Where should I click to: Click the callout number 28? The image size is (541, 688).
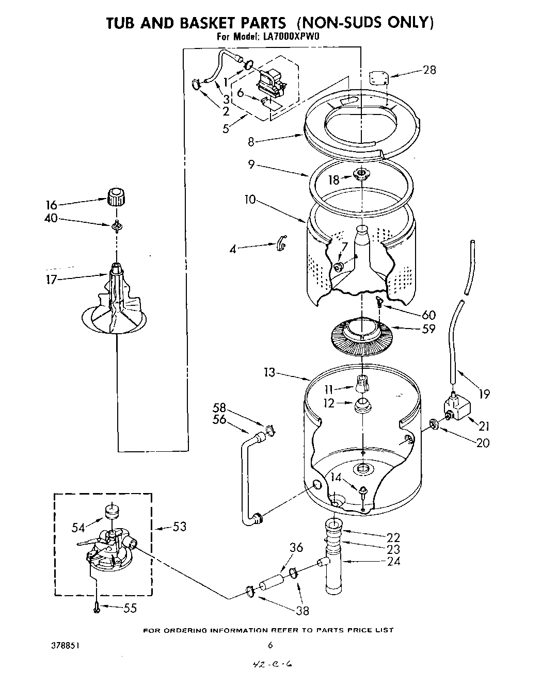click(x=429, y=70)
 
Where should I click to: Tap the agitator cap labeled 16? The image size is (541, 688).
click(x=116, y=197)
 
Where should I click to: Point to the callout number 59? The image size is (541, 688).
click(x=428, y=328)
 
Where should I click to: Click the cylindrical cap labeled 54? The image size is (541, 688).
click(x=113, y=513)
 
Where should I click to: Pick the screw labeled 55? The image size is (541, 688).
click(x=97, y=609)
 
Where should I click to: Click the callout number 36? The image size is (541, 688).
click(x=296, y=548)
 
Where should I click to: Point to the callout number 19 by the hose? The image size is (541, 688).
click(x=483, y=394)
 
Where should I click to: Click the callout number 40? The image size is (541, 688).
click(x=51, y=218)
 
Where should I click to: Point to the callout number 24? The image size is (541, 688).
click(x=393, y=561)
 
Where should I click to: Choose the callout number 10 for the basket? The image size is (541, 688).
click(x=250, y=199)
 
